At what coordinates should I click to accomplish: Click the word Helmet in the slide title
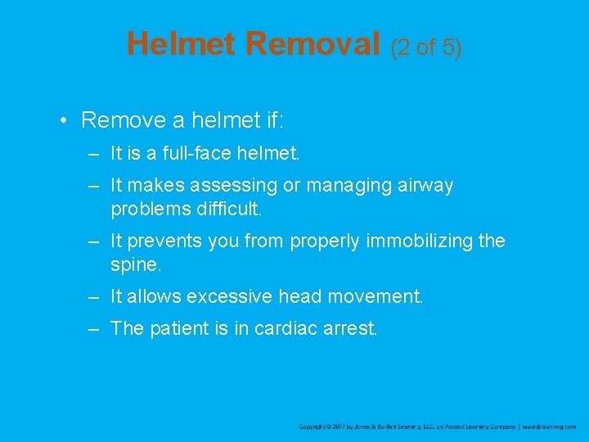click(182, 44)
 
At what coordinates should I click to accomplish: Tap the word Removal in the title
click(314, 44)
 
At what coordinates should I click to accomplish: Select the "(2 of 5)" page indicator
click(426, 47)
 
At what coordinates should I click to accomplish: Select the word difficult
click(228, 209)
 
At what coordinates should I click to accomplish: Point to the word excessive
click(227, 296)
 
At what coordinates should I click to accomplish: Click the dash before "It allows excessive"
click(95, 296)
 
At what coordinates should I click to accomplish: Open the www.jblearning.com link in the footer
click(549, 426)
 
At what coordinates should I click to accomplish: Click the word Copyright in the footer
click(312, 426)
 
